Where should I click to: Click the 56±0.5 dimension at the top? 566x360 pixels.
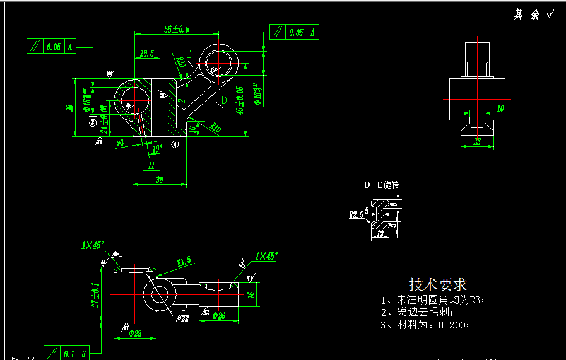(177, 29)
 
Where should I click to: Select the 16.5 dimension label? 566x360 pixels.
(147, 54)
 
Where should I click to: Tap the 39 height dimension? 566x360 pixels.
(69, 107)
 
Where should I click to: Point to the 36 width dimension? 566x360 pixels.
(159, 180)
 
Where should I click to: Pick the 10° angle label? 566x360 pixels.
(157, 148)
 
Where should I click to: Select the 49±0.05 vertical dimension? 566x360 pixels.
(239, 100)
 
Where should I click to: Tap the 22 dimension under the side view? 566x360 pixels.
(477, 142)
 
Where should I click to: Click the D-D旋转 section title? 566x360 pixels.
(380, 185)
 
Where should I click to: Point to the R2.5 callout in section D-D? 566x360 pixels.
(355, 214)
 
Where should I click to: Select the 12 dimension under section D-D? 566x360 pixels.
(379, 234)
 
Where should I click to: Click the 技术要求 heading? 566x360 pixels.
(437, 284)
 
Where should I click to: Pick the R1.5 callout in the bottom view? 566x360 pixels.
(184, 261)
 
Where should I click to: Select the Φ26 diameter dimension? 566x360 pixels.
(220, 315)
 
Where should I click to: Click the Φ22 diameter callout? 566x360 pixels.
(182, 318)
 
